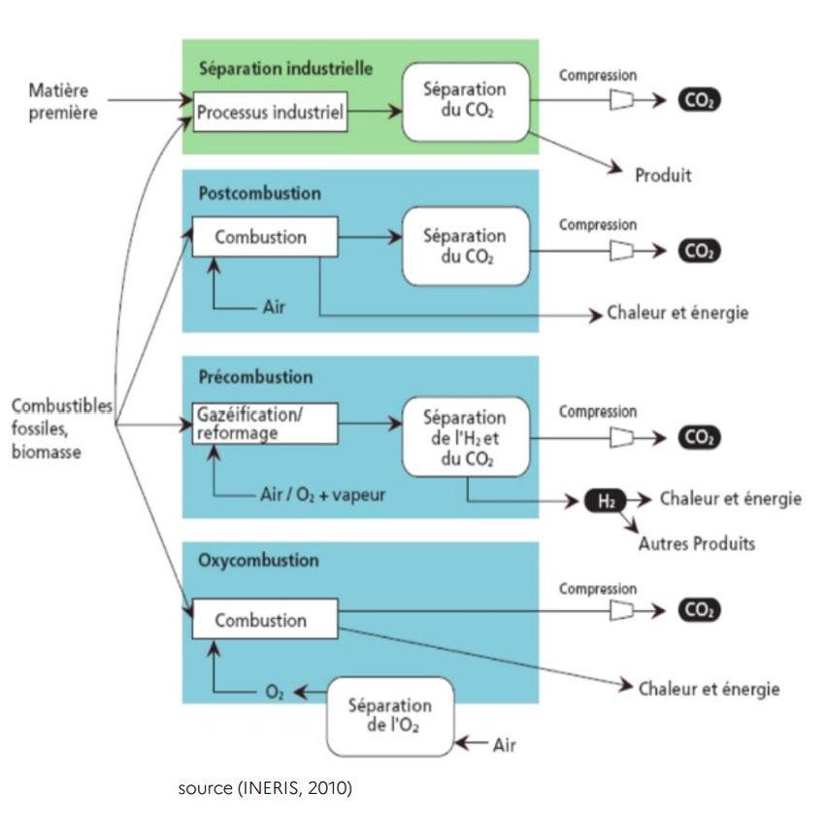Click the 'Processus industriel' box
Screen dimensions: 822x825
270,112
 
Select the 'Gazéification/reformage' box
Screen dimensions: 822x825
265,424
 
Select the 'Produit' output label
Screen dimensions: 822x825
665,176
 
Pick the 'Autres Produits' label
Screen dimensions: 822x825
696,544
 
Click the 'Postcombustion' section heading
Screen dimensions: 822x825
259,192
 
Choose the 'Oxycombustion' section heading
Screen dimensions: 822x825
258,561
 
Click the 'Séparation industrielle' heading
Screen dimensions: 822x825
285,69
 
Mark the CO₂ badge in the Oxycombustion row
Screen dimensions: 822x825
698,610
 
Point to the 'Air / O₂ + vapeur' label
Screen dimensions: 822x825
325,495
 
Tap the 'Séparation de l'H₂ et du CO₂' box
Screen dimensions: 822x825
466,437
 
